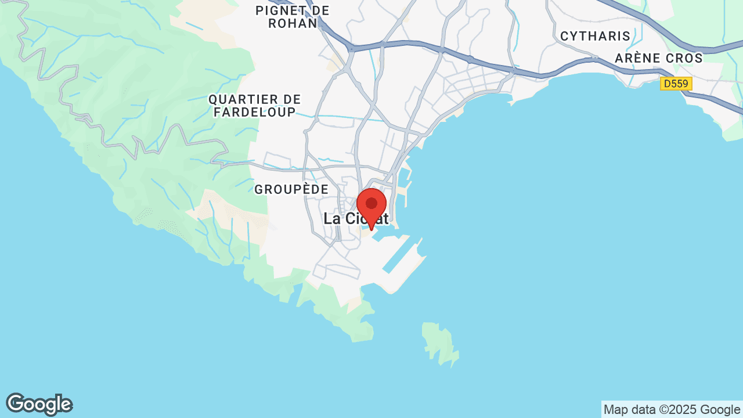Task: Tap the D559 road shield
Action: point(676,84)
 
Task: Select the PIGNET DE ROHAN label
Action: point(293,17)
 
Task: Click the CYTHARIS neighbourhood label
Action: point(596,36)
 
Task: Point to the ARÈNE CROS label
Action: point(659,58)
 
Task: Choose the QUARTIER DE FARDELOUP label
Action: point(255,106)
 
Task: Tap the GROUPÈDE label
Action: point(291,189)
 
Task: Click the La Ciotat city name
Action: point(356,219)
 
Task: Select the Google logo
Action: point(39,404)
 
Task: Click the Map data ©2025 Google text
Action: point(672,409)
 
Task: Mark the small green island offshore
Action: point(441,343)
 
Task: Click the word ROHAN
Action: point(293,23)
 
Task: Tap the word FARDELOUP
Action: point(255,112)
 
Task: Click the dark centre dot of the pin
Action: point(371,203)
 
